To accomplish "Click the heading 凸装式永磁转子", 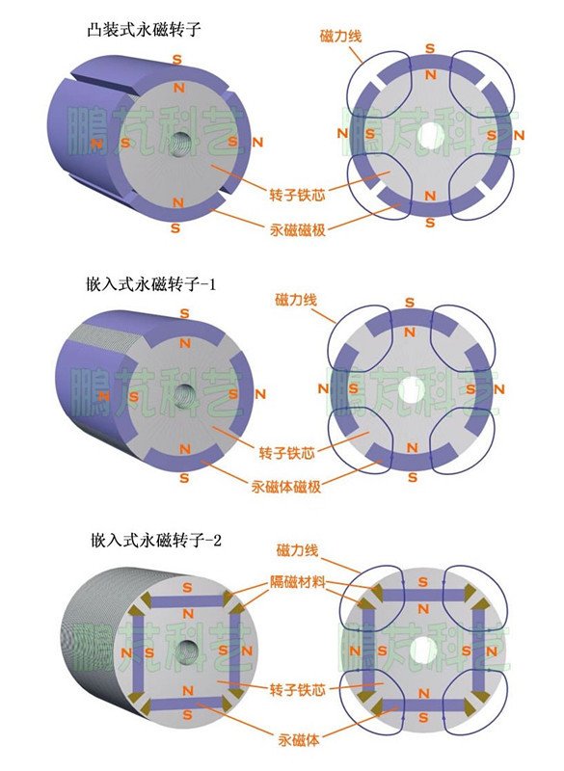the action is click(x=144, y=30).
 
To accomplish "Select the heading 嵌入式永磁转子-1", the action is click(x=151, y=284).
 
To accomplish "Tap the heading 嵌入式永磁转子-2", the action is click(x=156, y=541).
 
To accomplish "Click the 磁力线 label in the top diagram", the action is click(x=340, y=36).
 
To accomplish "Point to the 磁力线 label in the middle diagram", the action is click(x=296, y=300).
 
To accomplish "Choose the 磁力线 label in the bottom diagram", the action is click(x=297, y=550).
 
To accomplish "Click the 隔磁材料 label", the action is click(x=298, y=581).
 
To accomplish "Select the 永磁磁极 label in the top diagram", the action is click(x=298, y=229).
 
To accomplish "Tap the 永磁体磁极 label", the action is click(x=286, y=487).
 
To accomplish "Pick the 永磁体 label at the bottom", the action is click(x=299, y=740).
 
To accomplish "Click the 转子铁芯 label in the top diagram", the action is click(x=297, y=195).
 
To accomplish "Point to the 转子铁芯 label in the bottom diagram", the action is click(x=298, y=689).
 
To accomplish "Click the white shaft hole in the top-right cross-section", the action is click(x=431, y=134).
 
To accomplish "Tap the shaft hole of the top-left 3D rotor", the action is click(x=185, y=143).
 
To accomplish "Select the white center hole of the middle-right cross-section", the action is click(x=411, y=390).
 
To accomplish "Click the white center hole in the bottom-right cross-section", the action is click(x=423, y=650).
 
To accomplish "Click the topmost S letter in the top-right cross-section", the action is click(x=430, y=48).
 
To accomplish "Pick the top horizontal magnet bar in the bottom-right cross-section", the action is click(x=423, y=596).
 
